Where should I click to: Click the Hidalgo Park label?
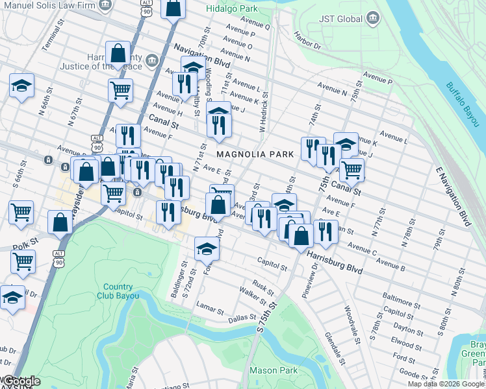click(x=232, y=9)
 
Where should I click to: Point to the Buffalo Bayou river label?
click(x=461, y=103)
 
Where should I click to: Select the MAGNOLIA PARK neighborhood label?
click(x=255, y=154)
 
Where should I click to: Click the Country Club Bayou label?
click(x=118, y=292)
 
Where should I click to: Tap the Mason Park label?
click(x=274, y=371)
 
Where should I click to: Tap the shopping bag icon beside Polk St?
click(x=60, y=222)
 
